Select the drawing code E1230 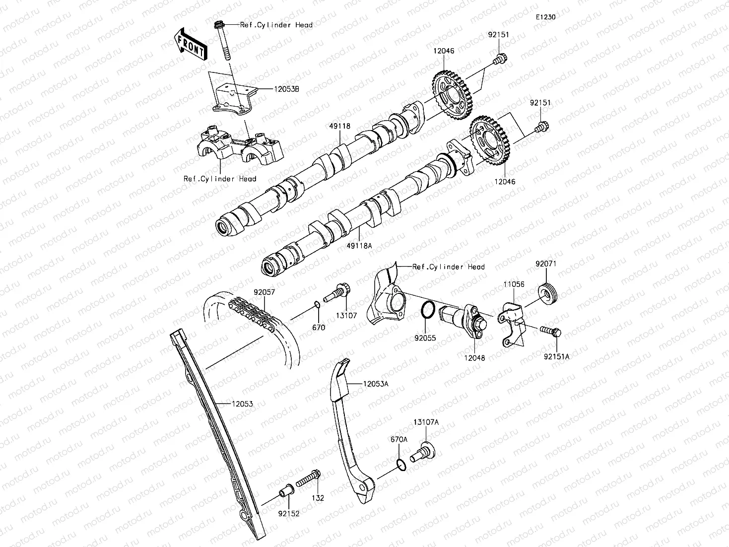[545, 17]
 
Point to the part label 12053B [286, 89]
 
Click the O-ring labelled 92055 [428, 312]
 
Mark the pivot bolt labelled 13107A [423, 451]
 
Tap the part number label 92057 [265, 293]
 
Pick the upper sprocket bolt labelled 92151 [498, 60]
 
